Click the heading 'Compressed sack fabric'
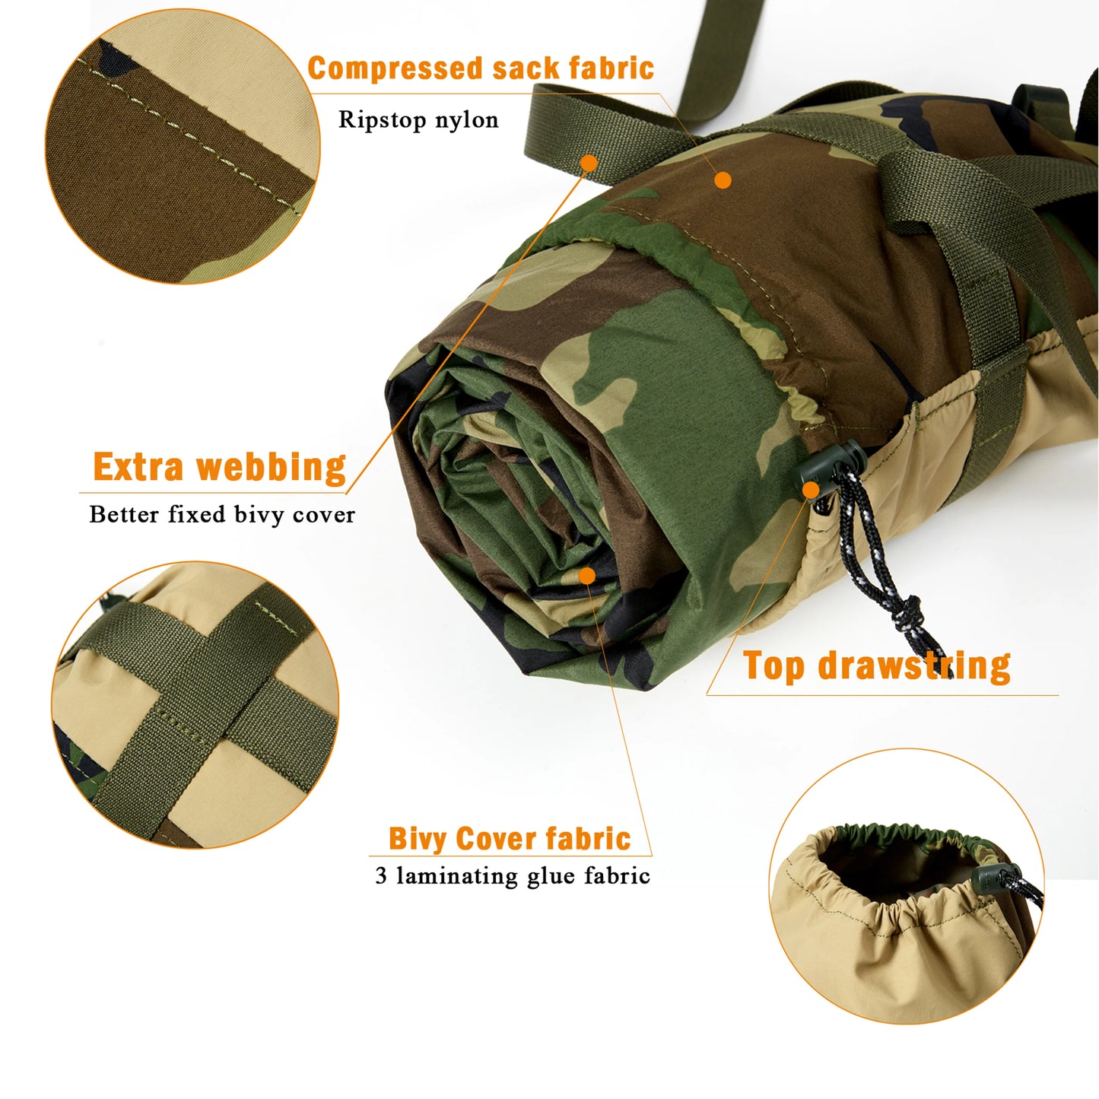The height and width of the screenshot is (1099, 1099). (481, 68)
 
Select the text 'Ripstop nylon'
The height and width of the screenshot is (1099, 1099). (418, 120)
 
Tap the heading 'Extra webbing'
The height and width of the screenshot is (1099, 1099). (219, 467)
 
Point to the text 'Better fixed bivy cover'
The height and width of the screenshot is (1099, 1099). (222, 515)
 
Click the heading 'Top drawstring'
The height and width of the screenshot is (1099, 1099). (877, 666)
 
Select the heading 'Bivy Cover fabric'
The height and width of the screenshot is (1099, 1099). (510, 839)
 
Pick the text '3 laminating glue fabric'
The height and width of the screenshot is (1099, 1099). (513, 876)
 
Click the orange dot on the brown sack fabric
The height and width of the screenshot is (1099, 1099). (723, 180)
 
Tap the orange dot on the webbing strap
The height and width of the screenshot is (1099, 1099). (588, 163)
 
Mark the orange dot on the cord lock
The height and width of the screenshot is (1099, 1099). (811, 491)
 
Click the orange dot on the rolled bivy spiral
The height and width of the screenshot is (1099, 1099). (586, 576)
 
